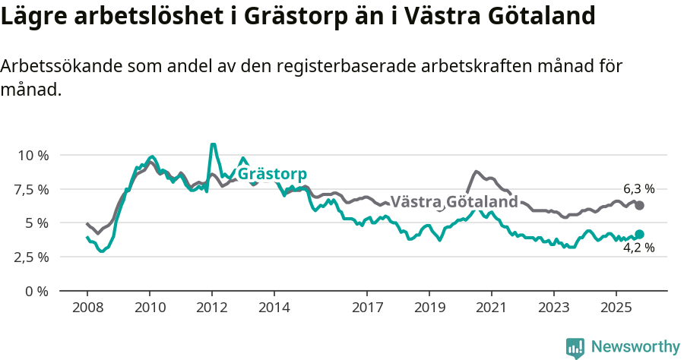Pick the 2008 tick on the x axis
87,308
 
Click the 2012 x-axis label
211,308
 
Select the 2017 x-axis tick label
367,308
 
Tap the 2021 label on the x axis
491,308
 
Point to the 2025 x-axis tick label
616,308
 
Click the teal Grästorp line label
272,174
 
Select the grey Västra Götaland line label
454,202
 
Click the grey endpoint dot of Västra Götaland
639,205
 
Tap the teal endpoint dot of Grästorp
639,234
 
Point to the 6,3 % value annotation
638,188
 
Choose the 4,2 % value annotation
638,248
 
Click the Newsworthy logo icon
575,347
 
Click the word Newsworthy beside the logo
635,347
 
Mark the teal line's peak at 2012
213,144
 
